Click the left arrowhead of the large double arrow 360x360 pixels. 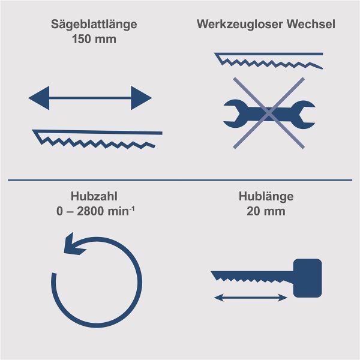(40, 97)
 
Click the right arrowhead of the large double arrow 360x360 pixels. (141, 97)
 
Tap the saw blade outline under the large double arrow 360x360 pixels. (96, 137)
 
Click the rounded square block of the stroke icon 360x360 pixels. (307, 277)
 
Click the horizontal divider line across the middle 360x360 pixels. (180, 179)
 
